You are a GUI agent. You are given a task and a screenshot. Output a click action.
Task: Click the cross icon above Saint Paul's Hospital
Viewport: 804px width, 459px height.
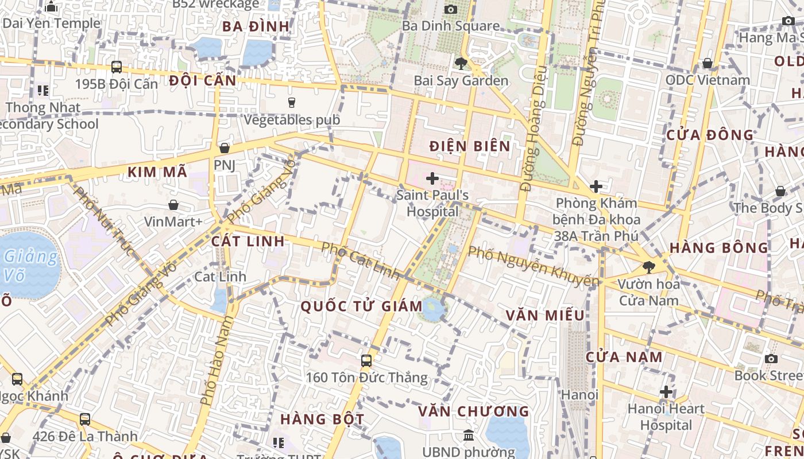(x=432, y=178)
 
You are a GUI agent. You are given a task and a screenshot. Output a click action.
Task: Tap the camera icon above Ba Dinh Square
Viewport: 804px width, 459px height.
(x=451, y=9)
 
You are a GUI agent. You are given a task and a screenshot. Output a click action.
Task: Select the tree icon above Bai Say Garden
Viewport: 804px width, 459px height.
(x=461, y=64)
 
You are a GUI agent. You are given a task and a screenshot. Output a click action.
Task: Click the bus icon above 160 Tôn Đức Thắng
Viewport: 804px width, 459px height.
(x=366, y=361)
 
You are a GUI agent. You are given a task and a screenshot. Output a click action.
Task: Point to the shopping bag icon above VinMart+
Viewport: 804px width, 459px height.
(x=173, y=205)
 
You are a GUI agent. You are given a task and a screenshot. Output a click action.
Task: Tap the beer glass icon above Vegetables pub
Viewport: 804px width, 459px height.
(x=292, y=103)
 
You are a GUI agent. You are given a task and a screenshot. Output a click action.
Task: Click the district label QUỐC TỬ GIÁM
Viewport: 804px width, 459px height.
(x=362, y=306)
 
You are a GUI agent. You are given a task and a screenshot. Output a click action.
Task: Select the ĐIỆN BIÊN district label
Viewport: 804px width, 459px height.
(x=470, y=146)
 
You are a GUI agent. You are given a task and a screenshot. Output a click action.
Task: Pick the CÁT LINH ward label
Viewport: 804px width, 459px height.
(x=248, y=241)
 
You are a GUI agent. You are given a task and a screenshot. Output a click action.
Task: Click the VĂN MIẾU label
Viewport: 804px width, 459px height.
(x=545, y=315)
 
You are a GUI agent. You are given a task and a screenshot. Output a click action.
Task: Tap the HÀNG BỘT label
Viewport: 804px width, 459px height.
(x=322, y=419)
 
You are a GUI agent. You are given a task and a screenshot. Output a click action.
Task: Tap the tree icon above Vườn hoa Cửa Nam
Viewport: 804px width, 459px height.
(x=649, y=267)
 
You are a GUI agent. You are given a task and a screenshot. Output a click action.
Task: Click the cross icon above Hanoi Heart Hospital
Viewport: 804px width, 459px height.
(x=666, y=392)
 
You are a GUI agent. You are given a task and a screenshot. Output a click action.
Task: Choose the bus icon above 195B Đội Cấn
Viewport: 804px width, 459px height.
(x=117, y=67)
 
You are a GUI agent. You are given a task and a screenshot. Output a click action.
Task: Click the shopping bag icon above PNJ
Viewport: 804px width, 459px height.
(x=225, y=148)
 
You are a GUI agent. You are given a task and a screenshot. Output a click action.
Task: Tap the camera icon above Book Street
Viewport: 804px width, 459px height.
(x=771, y=359)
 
